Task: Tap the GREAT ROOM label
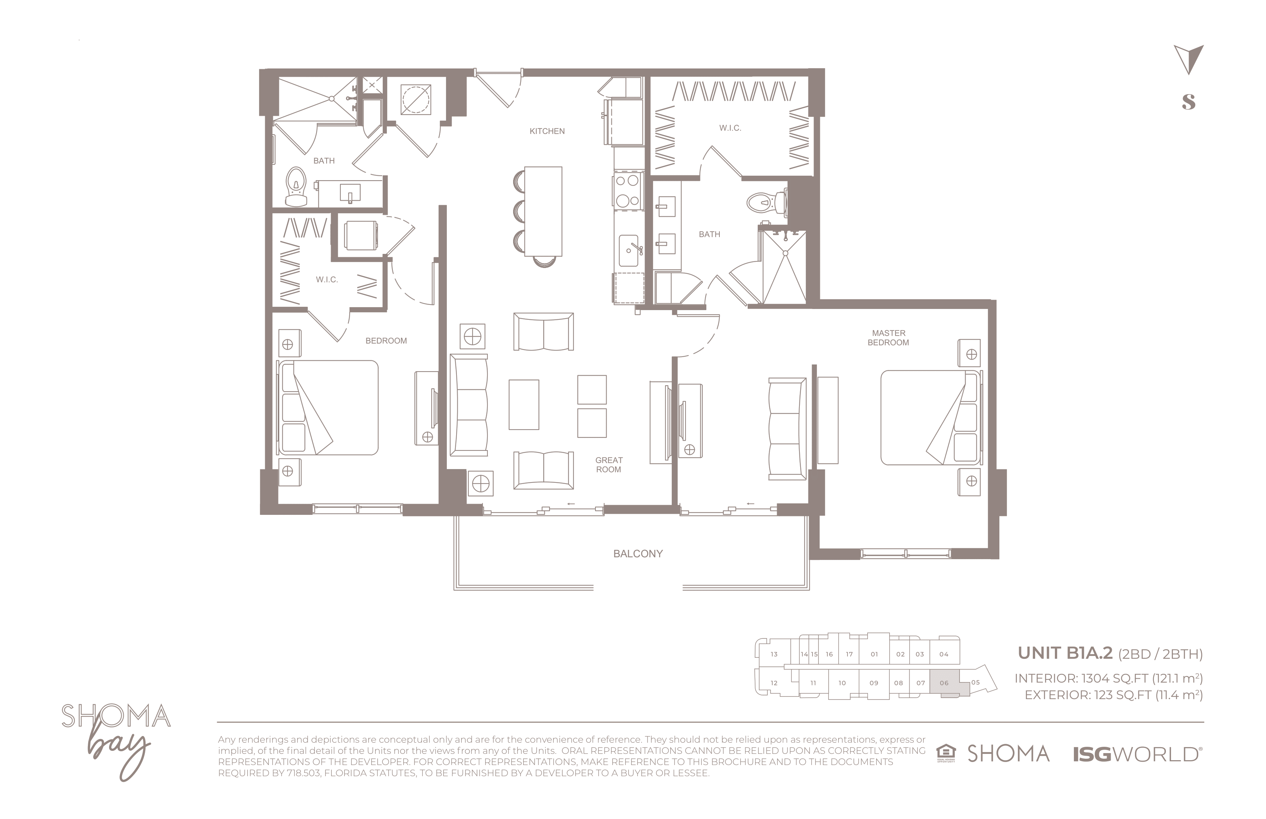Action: pyautogui.click(x=608, y=465)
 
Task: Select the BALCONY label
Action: pyautogui.click(x=638, y=554)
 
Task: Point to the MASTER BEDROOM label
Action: pyautogui.click(x=888, y=338)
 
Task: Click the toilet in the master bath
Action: pyautogui.click(x=767, y=203)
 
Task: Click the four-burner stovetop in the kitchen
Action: pyautogui.click(x=627, y=190)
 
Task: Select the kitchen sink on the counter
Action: pyautogui.click(x=629, y=251)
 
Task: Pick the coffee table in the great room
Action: pyautogui.click(x=524, y=405)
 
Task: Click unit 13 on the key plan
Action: pyautogui.click(x=774, y=654)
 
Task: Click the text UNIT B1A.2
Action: pyautogui.click(x=1065, y=653)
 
